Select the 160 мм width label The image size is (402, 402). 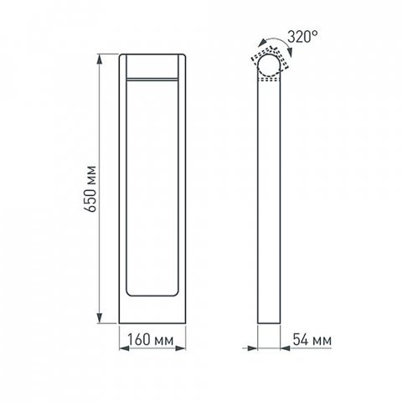coord(152,341)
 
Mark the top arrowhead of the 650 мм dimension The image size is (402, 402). coord(101,57)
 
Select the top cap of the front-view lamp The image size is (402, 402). coord(152,64)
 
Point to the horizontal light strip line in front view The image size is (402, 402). coord(152,79)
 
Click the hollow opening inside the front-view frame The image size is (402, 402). coord(152,184)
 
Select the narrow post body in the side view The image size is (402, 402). coord(270,201)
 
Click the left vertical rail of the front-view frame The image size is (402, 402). coord(122,184)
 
